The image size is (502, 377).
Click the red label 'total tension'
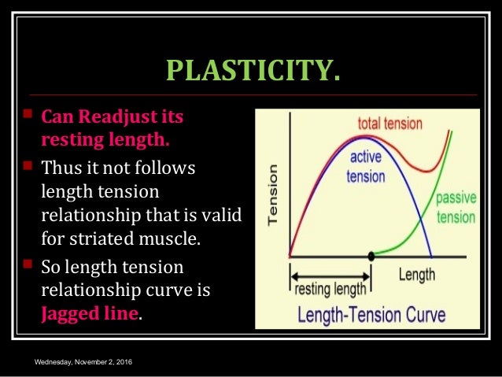[x=389, y=124]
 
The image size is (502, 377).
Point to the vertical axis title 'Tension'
[x=272, y=194]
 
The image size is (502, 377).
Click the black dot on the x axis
[x=371, y=257]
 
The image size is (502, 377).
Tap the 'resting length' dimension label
[x=330, y=288]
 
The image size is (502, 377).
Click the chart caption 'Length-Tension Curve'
[x=371, y=316]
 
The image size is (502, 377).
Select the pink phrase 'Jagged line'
[x=90, y=312]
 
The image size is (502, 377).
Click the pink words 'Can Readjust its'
[x=112, y=117]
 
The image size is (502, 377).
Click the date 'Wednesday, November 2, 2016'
[x=82, y=361]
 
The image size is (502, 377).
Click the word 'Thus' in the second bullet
[x=61, y=167]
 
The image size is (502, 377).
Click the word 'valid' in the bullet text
[x=222, y=213]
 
